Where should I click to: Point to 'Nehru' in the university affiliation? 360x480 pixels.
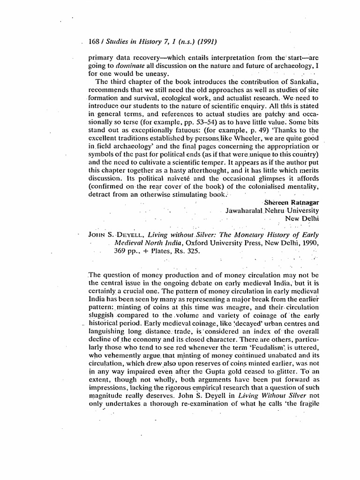(x=273, y=210)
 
